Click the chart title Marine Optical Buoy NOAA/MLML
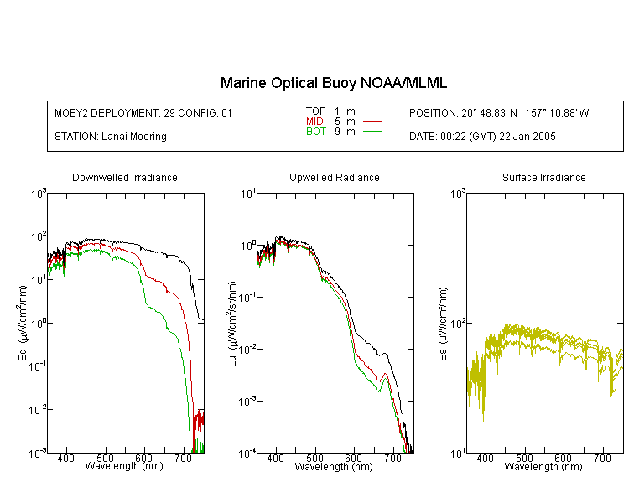coord(333,83)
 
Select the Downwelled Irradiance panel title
coord(125,177)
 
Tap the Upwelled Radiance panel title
coord(335,177)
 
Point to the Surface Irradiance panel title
coord(544,177)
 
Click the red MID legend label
coord(314,121)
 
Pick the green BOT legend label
coord(316,132)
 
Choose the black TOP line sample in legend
coord(372,111)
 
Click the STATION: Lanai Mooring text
coord(111,137)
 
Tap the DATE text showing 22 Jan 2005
coord(482,137)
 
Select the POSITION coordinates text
coord(499,113)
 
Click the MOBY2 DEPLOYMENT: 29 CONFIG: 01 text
coord(143,113)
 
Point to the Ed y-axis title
coord(23,323)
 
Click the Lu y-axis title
coord(232,324)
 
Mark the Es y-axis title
coord(442,324)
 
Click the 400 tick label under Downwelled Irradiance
coord(65,458)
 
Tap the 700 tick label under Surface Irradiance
coord(602,458)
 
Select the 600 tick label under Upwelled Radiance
coord(353,458)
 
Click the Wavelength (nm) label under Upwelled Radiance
coord(334,467)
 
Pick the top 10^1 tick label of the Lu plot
coord(247,194)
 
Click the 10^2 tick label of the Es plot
coord(458,324)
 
